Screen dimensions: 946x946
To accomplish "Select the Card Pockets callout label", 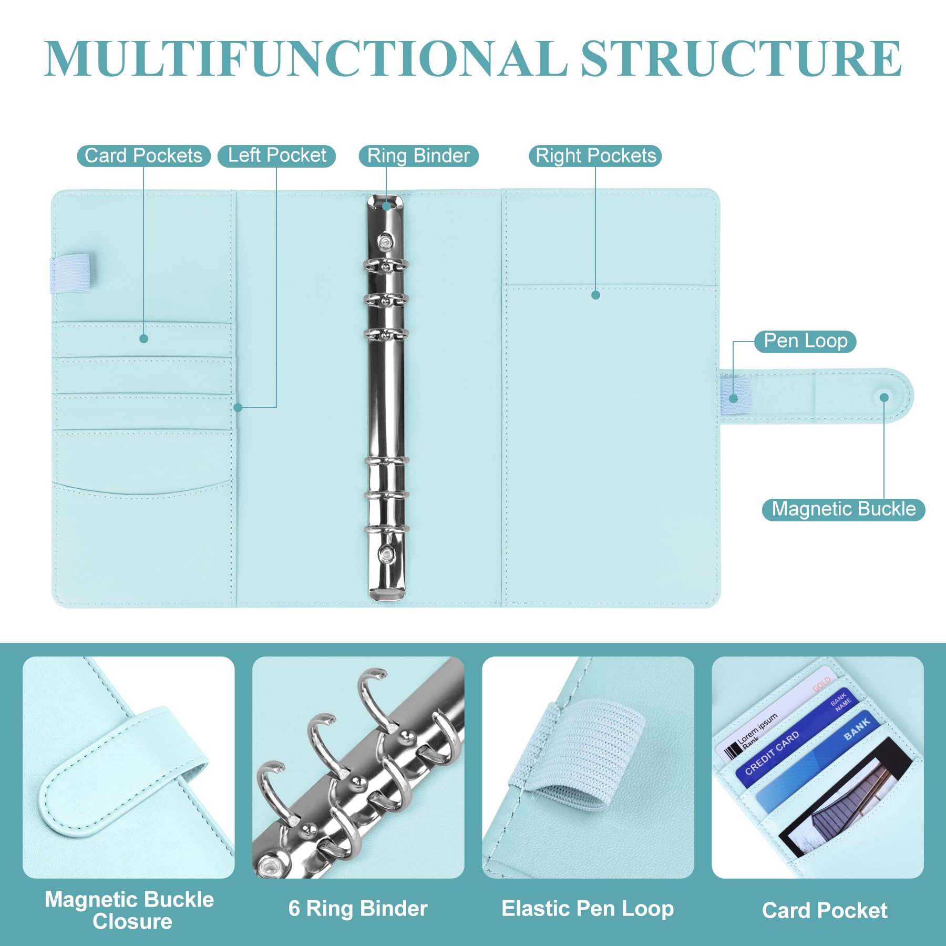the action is [x=143, y=156].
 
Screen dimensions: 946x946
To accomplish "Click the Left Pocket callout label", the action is [x=277, y=156].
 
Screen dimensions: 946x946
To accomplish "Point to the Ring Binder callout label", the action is [x=418, y=156].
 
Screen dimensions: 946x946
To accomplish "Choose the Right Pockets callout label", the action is [x=595, y=156].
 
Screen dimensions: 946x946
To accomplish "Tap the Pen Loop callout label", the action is [x=805, y=341].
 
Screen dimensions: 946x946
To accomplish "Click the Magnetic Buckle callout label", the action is [x=844, y=509].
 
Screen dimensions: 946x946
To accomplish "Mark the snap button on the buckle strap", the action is [x=885, y=398].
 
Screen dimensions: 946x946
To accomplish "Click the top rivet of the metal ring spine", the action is [x=386, y=241].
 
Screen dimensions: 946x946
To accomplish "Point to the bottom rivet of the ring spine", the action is [x=387, y=553].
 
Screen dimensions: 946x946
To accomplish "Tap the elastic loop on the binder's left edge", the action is [x=70, y=273].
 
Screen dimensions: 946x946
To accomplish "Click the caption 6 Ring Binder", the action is [x=358, y=909].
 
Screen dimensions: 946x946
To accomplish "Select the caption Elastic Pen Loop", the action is [x=588, y=909].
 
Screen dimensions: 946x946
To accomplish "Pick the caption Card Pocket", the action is [x=825, y=910].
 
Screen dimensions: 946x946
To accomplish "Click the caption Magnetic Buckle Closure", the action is [x=130, y=910].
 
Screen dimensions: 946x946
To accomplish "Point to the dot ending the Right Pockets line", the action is [x=595, y=295].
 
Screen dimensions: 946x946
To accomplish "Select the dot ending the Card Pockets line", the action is [x=143, y=339].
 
